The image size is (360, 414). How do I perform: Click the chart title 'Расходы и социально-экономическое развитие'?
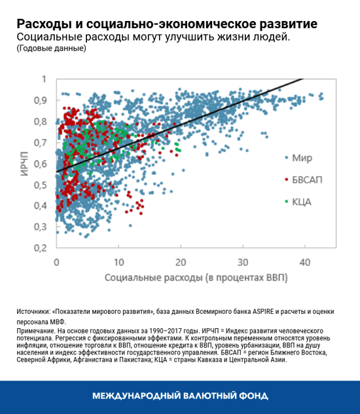tap(167, 24)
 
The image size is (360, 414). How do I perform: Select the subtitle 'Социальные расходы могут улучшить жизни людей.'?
tap(154, 37)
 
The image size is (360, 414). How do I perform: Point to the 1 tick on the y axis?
tap(45, 79)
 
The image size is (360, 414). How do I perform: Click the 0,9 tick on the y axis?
tap(41, 100)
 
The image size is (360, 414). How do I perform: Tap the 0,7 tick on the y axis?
tap(41, 142)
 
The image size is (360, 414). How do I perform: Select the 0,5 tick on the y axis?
tap(41, 185)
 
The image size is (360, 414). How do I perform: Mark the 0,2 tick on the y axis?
tap(41, 248)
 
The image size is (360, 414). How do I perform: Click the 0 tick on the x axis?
tap(56, 261)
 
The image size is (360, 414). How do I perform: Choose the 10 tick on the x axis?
tap(118, 261)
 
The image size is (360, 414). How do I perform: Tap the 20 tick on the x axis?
tap(181, 261)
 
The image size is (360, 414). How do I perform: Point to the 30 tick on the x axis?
tap(243, 261)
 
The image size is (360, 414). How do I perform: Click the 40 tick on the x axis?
tap(305, 261)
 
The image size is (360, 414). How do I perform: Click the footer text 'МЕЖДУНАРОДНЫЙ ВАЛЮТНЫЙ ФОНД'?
tap(180, 396)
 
